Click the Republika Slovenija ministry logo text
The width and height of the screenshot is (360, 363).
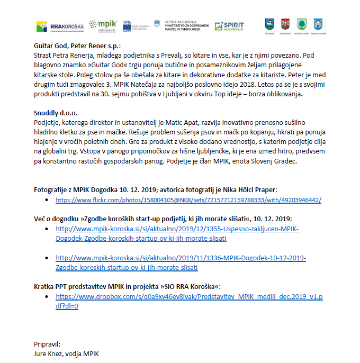[x=183, y=25]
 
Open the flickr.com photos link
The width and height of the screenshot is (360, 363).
[x=188, y=200]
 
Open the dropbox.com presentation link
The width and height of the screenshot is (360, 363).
[x=188, y=297]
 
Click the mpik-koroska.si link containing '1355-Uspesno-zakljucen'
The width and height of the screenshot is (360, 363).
[x=177, y=233]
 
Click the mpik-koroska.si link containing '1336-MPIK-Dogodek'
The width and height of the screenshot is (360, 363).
[x=181, y=263]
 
